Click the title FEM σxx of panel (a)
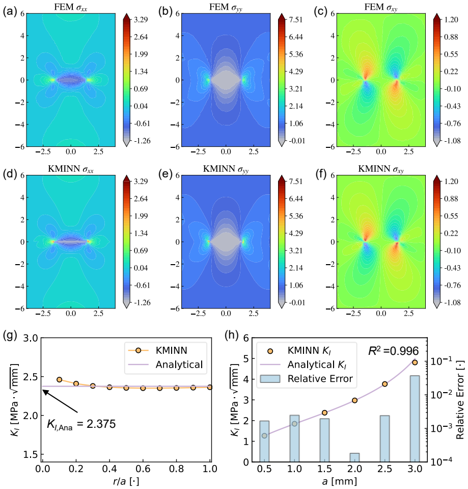pos(71,8)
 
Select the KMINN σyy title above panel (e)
pos(226,169)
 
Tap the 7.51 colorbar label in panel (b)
pos(295,20)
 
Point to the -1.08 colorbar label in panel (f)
pos(452,302)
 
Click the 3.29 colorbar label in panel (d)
pos(141,182)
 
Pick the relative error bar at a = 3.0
pos(415,419)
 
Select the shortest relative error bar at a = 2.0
pos(354,457)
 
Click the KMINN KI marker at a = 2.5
pos(384,384)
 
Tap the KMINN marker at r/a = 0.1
pos(59,379)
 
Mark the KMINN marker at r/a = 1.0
pos(210,387)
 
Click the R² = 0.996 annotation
pos(393,351)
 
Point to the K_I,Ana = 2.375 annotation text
pos(81,424)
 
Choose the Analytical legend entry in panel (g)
pos(166,365)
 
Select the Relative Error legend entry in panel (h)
pos(307,378)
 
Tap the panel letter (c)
pos(320,12)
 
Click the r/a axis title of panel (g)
pos(126,481)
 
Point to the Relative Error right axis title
pos(460,400)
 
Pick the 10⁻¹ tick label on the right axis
pos(439,361)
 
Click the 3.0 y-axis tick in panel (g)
pos(31,338)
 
